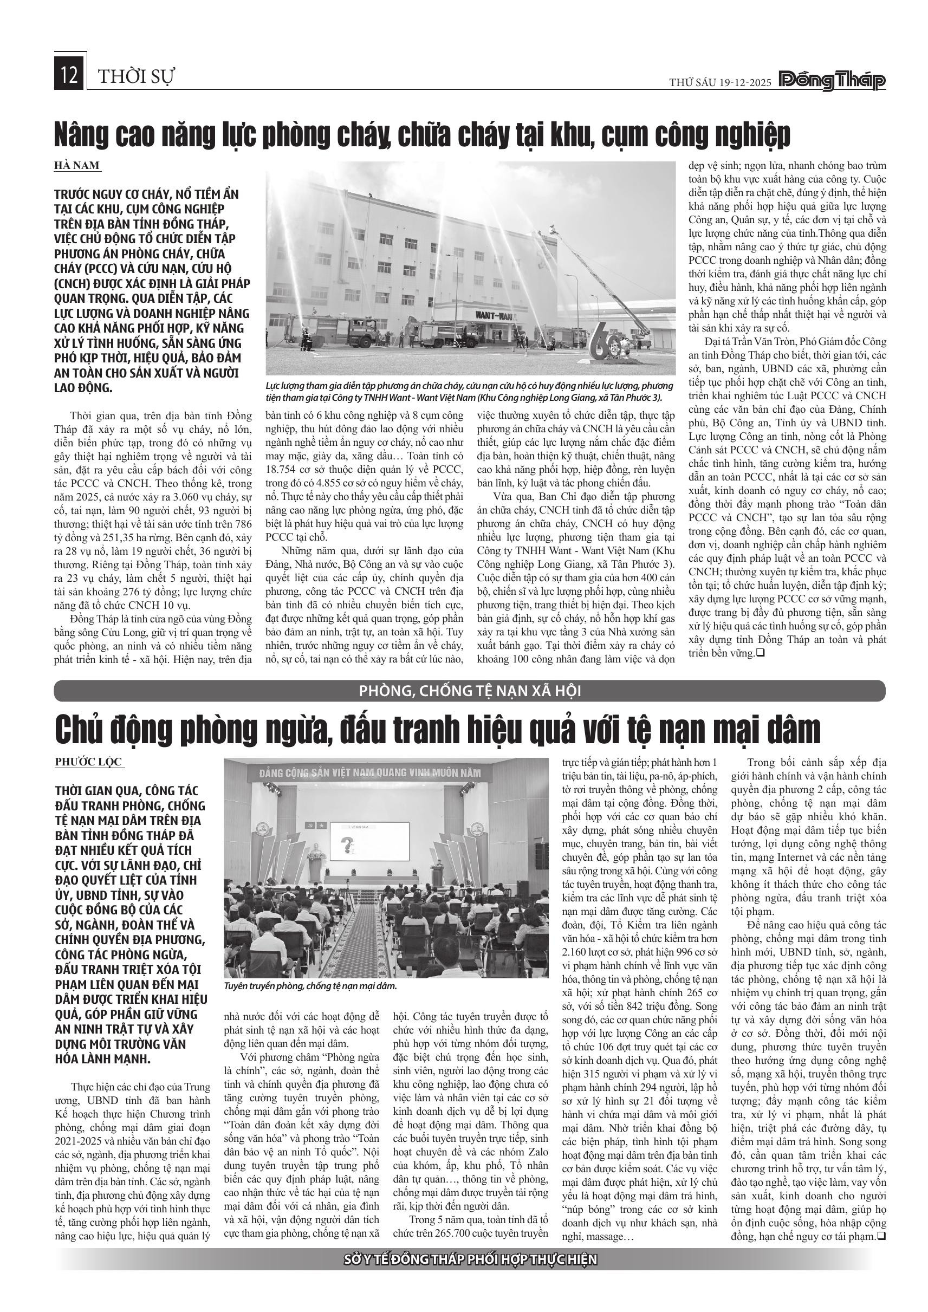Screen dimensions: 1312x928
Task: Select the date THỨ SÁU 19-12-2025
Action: point(721,82)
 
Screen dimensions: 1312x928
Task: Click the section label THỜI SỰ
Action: point(136,76)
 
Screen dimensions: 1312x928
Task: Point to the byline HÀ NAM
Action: point(77,166)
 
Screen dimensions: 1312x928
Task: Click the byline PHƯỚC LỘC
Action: point(88,762)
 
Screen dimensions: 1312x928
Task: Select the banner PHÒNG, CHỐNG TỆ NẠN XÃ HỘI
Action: point(470,691)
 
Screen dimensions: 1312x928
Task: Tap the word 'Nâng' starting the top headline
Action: point(82,135)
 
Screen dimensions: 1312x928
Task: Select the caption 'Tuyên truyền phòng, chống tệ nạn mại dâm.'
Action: point(310,986)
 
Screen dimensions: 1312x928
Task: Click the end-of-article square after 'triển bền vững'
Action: point(761,653)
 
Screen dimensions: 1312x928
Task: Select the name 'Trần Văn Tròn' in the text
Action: point(754,342)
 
